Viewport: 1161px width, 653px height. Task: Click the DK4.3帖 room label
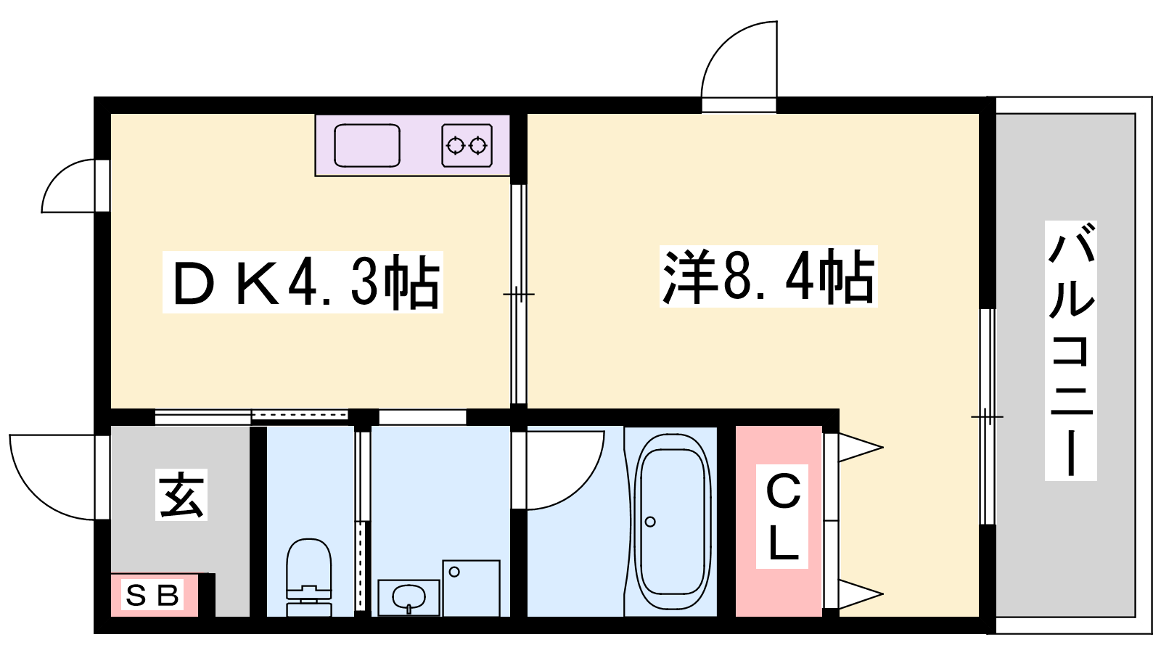303,282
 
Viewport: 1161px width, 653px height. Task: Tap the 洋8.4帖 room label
768,276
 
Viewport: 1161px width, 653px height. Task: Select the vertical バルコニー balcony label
1070,351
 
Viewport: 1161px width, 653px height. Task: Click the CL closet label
781,516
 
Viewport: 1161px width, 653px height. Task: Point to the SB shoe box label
153,594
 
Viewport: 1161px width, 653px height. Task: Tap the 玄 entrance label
181,494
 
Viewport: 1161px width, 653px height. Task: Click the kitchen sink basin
367,146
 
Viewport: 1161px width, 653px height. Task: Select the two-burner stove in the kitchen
467,146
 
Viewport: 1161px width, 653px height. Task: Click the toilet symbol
309,577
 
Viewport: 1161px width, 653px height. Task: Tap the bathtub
670,522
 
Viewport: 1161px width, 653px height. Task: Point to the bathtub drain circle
650,522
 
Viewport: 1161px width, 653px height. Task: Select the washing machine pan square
471,588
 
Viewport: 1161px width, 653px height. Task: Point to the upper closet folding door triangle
861,447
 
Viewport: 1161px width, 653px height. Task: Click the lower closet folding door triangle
861,594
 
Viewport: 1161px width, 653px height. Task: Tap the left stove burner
456,146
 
